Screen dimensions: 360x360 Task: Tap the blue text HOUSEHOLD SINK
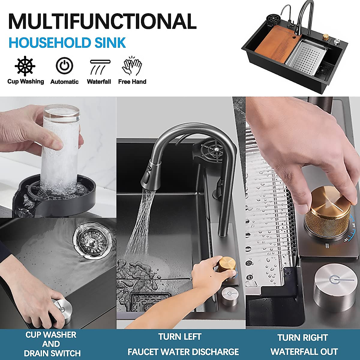point(67,43)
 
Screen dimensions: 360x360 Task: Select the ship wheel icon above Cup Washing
point(25,66)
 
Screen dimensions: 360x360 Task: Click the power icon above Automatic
point(64,66)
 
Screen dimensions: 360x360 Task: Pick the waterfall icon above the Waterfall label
point(99,67)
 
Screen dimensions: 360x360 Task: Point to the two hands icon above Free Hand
point(132,66)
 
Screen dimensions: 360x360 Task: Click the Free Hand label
point(132,82)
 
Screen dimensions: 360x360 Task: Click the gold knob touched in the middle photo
point(227,264)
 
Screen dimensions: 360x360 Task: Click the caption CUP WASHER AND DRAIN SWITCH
point(52,344)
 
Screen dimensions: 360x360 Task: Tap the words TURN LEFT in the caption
point(180,337)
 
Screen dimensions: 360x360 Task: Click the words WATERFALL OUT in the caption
point(304,352)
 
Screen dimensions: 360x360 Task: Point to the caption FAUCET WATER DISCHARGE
point(183,352)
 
